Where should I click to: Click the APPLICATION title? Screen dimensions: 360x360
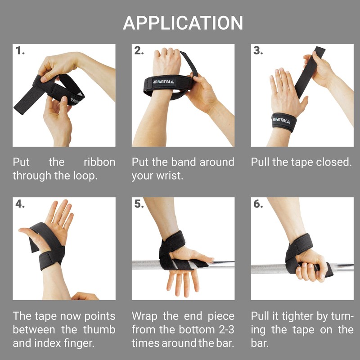(x=183, y=23)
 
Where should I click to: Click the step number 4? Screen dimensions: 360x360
(x=20, y=204)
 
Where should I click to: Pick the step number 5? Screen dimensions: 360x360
(x=139, y=204)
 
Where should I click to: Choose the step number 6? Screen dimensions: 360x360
(x=258, y=204)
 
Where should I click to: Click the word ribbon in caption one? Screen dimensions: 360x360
(x=99, y=162)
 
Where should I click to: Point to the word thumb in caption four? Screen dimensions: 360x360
(x=98, y=329)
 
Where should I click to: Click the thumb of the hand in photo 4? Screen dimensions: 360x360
(x=28, y=232)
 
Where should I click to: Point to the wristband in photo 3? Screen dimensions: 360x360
(x=284, y=122)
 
